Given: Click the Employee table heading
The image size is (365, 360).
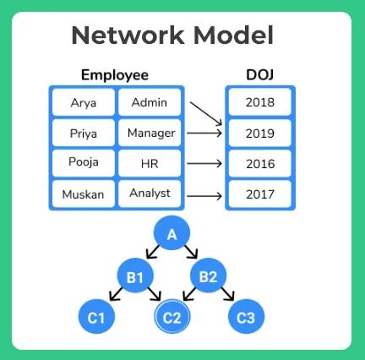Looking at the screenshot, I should [114, 76].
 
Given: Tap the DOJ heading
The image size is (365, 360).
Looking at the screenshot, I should [259, 76].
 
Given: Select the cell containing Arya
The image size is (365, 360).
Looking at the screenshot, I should [82, 104].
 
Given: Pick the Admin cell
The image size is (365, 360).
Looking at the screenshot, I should [150, 103].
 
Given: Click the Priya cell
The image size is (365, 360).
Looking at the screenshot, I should [82, 134].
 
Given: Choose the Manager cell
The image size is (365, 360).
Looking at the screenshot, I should [150, 133].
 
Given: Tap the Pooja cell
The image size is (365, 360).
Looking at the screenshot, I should [82, 163].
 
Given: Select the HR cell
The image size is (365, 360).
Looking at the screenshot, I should [150, 163].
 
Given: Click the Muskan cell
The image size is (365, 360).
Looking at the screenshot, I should [82, 194].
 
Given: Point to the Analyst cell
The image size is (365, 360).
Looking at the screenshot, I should [150, 194].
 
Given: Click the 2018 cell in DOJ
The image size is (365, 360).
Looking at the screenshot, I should [259, 102].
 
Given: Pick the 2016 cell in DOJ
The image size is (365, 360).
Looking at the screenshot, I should [259, 164].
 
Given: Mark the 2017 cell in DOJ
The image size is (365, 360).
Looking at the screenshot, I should [259, 194].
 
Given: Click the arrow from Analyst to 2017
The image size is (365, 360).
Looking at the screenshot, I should [205, 195].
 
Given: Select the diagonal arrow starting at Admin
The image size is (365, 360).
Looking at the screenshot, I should [205, 114].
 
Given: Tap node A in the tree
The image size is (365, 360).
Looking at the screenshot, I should [172, 234].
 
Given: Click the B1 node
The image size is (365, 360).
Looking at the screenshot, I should [135, 275].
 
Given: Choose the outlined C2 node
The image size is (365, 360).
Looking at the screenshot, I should [172, 318].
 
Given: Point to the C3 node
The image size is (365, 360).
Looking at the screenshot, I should [246, 318].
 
